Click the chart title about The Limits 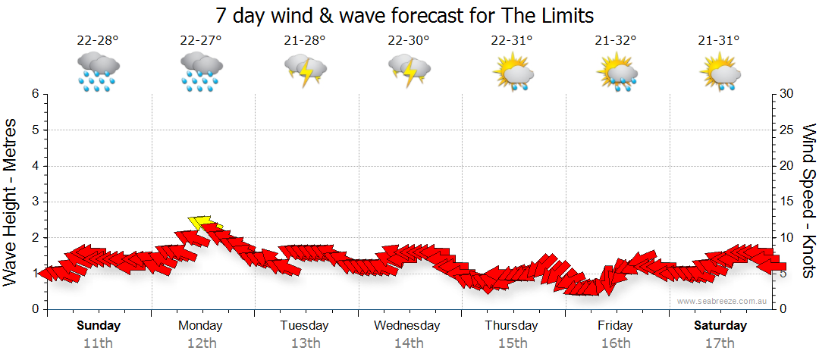click(404, 15)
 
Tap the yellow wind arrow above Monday click(202, 222)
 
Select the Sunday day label click(99, 326)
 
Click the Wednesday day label click(407, 326)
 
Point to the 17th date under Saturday click(720, 343)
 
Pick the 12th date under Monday click(200, 343)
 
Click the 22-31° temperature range click(512, 42)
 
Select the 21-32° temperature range click(616, 42)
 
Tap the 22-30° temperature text click(408, 42)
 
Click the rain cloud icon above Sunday click(98, 71)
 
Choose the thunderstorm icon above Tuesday click(305, 71)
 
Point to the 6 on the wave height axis click(35, 94)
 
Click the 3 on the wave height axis click(35, 202)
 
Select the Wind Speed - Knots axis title click(808, 201)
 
